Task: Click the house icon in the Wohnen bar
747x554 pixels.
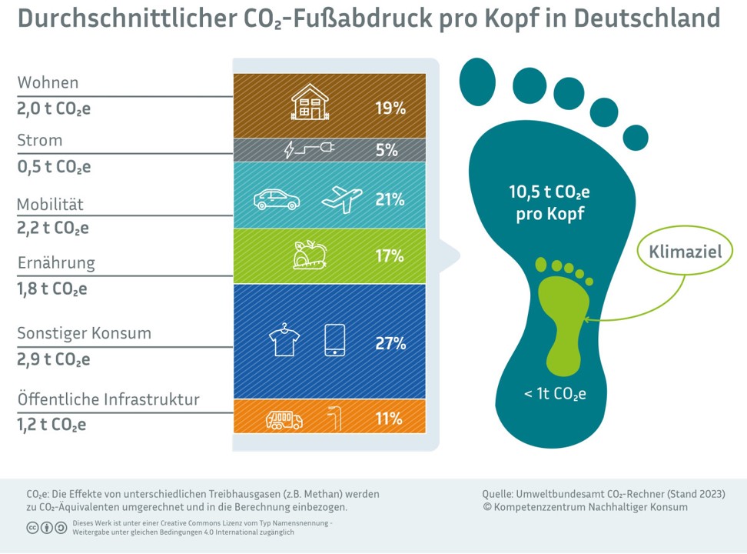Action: coord(310,102)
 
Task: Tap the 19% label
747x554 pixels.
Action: coord(390,108)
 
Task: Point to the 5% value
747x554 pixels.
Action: coord(387,151)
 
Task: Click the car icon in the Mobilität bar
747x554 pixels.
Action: coord(277,200)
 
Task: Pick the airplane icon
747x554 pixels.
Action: coord(342,199)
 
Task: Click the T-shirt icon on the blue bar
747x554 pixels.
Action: coord(284,340)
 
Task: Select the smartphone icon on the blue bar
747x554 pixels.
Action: coord(335,340)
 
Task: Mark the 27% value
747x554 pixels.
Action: coord(390,344)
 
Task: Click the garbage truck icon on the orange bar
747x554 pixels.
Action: coord(284,419)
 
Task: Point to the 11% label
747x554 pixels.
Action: coord(389,419)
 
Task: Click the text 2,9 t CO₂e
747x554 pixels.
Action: coord(54,360)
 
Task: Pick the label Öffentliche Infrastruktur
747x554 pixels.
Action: coord(108,399)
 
